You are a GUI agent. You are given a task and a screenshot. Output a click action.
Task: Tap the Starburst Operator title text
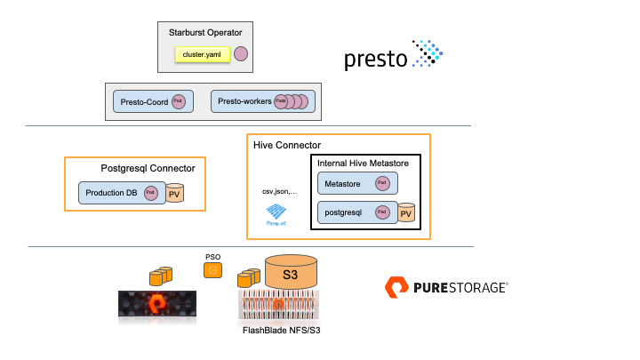click(205, 33)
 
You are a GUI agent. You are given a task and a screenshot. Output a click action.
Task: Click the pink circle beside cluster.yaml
click(241, 54)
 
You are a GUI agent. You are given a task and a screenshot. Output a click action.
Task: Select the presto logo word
click(375, 60)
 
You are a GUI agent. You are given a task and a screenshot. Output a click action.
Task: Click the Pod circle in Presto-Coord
click(179, 101)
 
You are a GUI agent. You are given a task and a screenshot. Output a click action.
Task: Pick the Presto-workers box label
click(244, 102)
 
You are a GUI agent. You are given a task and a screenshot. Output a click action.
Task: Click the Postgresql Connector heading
click(148, 168)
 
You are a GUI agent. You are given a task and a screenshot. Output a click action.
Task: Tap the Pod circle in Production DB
click(151, 192)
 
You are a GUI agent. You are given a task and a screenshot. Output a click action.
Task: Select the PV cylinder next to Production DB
click(175, 193)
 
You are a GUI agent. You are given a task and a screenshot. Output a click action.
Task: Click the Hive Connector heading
click(286, 145)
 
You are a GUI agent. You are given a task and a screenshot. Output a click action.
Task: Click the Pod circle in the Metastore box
click(382, 183)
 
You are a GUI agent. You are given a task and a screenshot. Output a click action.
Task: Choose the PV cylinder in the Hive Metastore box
click(405, 212)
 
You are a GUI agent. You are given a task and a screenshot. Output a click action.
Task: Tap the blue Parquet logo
click(276, 214)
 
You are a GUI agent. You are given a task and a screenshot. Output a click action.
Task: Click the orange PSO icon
click(213, 269)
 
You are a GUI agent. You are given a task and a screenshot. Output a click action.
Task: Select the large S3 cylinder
click(290, 272)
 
